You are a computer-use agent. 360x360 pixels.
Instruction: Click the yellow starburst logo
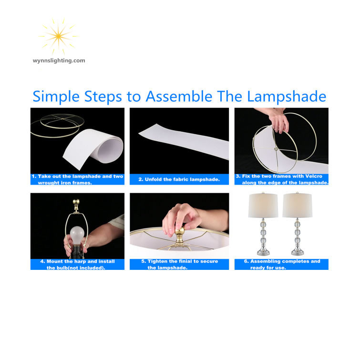point(58,36)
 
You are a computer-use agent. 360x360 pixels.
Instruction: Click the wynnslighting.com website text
point(59,61)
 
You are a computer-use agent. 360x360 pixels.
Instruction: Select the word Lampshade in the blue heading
point(287,96)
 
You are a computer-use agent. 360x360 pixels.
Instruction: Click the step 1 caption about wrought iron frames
point(77,179)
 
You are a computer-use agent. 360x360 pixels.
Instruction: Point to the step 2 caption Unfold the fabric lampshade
point(179,179)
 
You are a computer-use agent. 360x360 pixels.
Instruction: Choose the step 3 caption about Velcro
point(281,179)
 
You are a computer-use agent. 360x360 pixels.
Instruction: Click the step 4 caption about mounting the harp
point(77,264)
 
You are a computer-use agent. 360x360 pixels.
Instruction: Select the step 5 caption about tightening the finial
point(179,264)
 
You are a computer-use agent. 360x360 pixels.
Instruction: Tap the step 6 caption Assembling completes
point(281,264)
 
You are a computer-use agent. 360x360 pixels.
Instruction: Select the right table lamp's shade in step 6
point(298,206)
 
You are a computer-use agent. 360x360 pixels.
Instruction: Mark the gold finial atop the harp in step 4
point(75,204)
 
